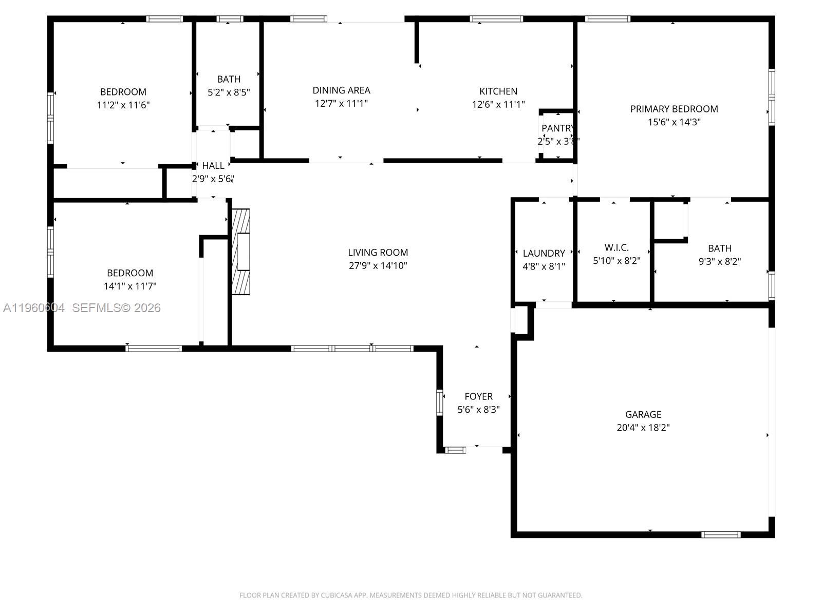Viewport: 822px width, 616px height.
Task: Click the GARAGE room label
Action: click(x=643, y=414)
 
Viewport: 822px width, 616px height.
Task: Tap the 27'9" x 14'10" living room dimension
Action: click(x=378, y=265)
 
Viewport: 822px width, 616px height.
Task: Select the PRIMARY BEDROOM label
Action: click(x=674, y=109)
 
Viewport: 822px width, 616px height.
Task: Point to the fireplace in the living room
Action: click(x=241, y=252)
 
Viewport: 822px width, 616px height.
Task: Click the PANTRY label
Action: click(x=557, y=128)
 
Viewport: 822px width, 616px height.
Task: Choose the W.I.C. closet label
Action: click(x=616, y=247)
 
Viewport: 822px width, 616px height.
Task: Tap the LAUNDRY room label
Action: click(x=544, y=253)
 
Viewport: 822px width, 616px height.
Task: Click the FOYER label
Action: click(x=478, y=396)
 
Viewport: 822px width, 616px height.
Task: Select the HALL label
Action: click(x=213, y=166)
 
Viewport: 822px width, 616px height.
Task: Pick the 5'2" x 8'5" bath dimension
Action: click(x=229, y=92)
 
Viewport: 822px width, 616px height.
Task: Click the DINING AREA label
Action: click(x=341, y=90)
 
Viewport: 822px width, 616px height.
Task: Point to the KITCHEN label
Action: click(x=498, y=91)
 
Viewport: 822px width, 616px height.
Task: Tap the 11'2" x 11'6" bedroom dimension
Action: click(x=123, y=105)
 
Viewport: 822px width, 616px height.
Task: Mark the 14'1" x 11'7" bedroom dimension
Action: click(x=130, y=286)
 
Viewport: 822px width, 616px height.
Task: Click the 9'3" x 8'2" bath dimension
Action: click(x=719, y=261)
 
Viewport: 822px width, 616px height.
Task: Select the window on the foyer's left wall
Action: click(x=440, y=402)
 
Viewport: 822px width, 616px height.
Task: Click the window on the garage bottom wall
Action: click(x=721, y=535)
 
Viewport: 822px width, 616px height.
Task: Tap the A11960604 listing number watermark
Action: click(x=34, y=308)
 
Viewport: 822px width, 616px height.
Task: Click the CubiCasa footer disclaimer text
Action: click(x=410, y=595)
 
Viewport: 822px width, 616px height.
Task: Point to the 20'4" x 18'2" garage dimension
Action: click(x=643, y=428)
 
